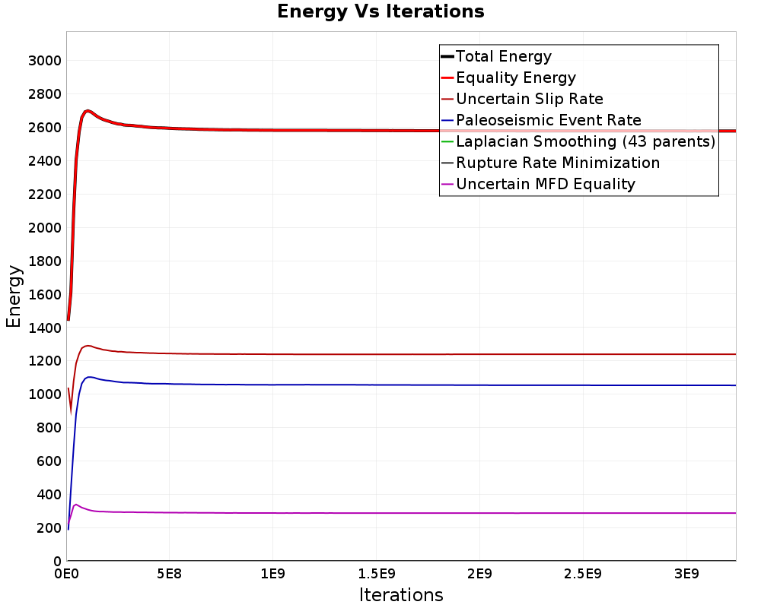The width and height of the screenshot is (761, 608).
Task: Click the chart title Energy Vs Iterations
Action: (x=380, y=11)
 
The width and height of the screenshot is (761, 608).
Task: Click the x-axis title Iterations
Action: (x=401, y=594)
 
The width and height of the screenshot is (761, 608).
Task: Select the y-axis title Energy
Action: (x=14, y=296)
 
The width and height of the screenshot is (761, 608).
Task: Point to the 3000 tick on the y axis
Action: (x=45, y=61)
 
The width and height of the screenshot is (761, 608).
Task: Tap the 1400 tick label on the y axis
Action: (x=45, y=328)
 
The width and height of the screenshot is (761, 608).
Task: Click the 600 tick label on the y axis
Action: (x=49, y=461)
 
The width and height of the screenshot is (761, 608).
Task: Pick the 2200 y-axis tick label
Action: (x=45, y=195)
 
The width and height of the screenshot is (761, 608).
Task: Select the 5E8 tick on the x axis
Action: (x=169, y=574)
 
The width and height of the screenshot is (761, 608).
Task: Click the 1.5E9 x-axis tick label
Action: (x=376, y=574)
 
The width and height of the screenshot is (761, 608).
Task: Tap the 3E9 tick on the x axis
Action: (x=686, y=574)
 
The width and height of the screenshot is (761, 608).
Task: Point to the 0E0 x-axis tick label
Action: (x=66, y=574)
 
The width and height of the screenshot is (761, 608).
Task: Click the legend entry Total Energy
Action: (x=496, y=56)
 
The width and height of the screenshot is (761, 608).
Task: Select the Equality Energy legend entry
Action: (x=508, y=78)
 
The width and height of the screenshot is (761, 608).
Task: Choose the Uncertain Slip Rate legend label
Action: (x=522, y=99)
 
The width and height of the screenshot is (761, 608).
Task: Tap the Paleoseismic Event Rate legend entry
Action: (x=541, y=120)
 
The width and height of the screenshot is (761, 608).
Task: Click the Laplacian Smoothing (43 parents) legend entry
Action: (x=578, y=141)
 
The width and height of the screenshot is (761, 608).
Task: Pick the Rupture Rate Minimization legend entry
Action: (x=550, y=163)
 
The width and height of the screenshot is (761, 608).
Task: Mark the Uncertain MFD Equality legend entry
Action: (x=538, y=184)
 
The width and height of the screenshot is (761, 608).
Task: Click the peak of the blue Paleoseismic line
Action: (x=89, y=377)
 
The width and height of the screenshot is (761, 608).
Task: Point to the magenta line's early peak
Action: (x=75, y=504)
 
